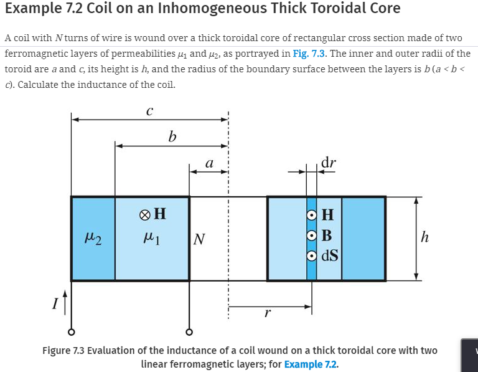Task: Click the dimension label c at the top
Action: click(149, 112)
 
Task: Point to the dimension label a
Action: click(209, 164)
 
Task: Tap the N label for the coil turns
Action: click(199, 239)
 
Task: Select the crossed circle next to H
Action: click(145, 215)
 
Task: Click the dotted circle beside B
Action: click(312, 236)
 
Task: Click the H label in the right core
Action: click(328, 216)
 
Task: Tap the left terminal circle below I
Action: click(72, 331)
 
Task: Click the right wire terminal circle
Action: click(189, 331)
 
